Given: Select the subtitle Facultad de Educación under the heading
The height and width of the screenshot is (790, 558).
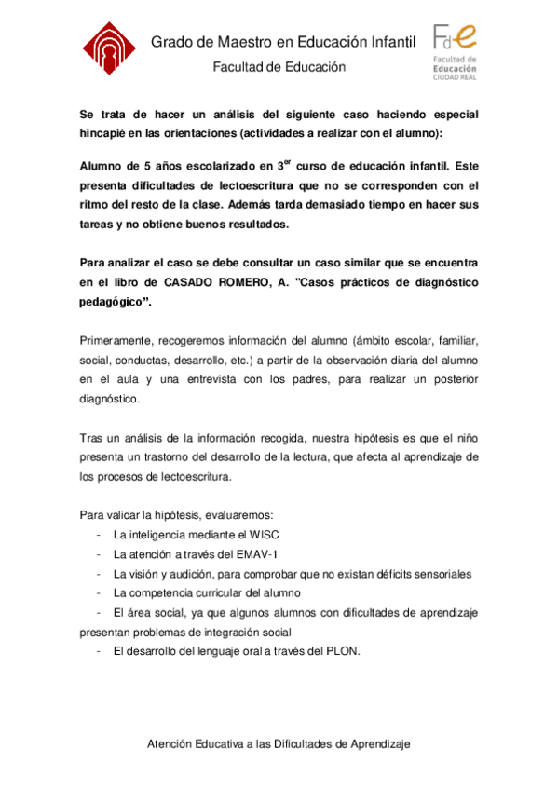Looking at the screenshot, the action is (x=279, y=67).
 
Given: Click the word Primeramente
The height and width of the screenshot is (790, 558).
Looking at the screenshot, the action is (x=116, y=341).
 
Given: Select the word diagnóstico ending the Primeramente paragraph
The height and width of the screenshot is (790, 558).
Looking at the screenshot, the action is (x=111, y=398).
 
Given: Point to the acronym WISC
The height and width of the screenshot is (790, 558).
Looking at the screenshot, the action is (x=264, y=535).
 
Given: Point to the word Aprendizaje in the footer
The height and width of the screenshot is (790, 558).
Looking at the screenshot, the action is (x=376, y=744).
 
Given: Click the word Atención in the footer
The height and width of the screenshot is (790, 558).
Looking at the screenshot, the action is (x=172, y=744).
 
